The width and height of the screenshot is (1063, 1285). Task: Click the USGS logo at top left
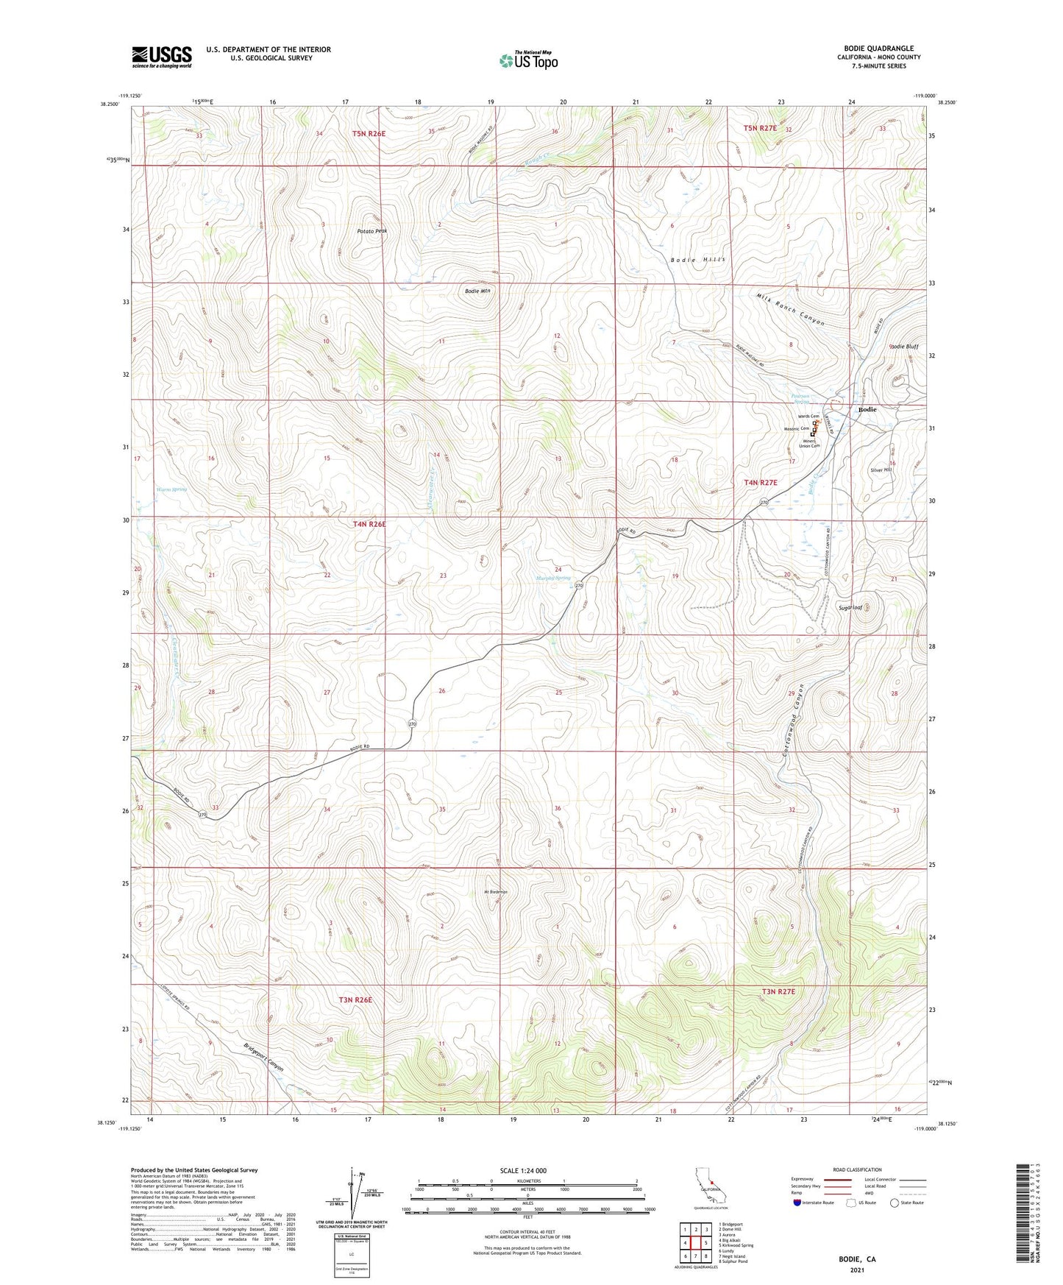point(162,57)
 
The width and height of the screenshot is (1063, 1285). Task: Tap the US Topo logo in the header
point(528,60)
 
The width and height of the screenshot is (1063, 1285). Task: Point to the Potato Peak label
point(371,231)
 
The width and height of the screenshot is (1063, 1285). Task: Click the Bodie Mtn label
point(477,291)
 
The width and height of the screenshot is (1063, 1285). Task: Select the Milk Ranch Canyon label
point(791,309)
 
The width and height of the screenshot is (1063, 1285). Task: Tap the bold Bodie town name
point(867,409)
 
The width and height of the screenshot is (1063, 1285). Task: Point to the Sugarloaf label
point(850,608)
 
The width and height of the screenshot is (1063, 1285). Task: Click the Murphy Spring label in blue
point(552,578)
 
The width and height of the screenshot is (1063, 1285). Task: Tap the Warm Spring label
point(171,489)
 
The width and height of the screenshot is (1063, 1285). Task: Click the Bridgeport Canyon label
point(263,1058)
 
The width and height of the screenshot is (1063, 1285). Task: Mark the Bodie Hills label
point(698,260)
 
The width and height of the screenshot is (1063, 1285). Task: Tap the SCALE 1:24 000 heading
point(523,1170)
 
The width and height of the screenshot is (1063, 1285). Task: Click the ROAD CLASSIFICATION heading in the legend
point(857,1169)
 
